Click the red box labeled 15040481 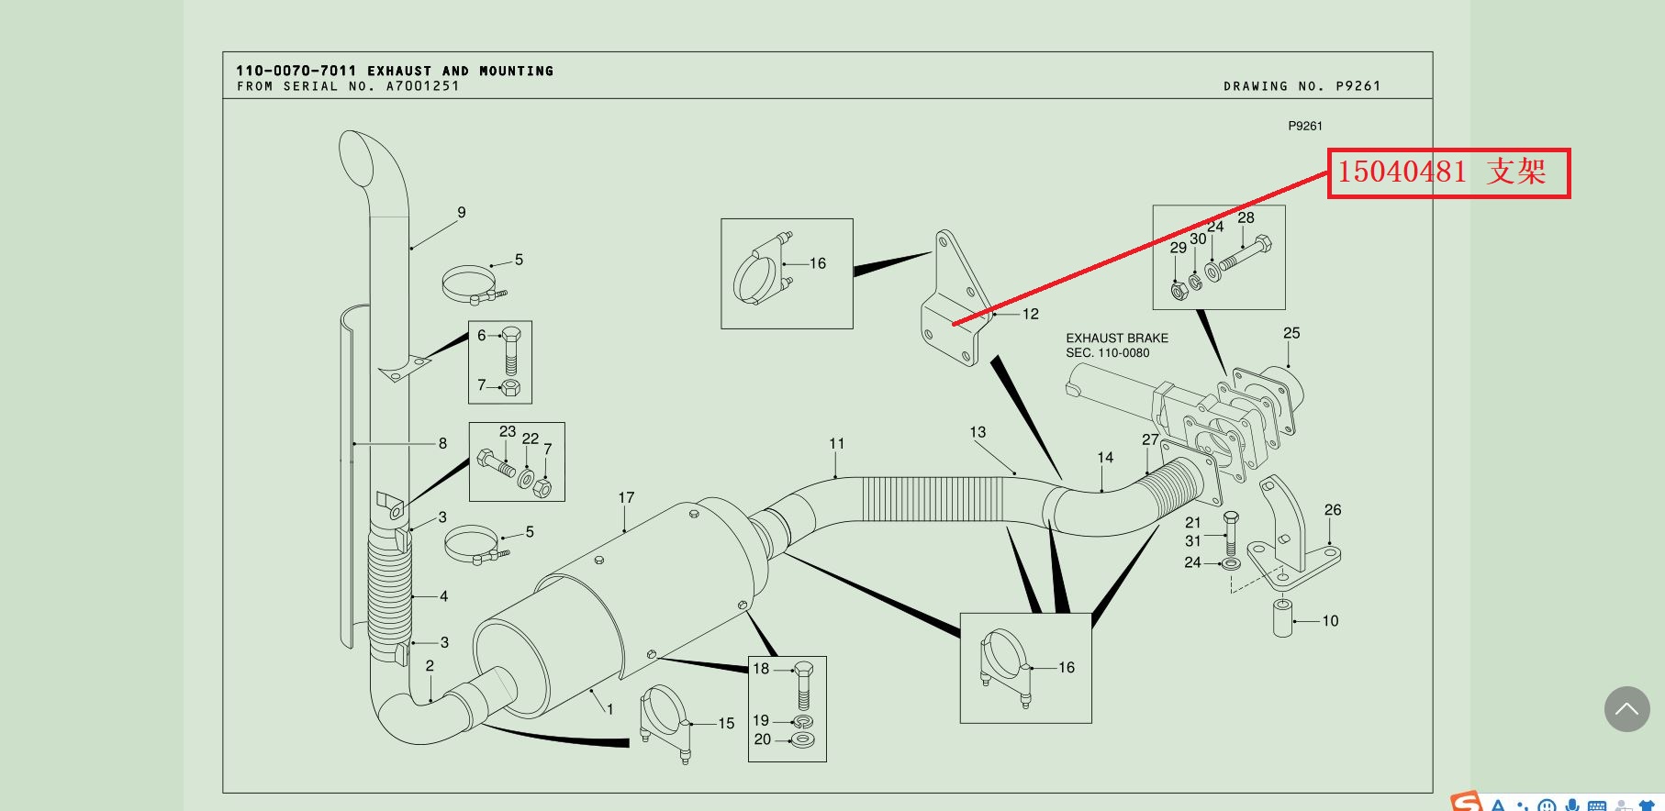coord(1448,172)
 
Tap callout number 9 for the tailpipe coord(462,213)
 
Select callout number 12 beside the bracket coord(1031,315)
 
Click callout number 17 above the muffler coord(626,498)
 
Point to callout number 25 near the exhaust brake coord(1291,334)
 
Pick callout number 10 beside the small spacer coord(1330,621)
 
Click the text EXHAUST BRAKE coord(1117,339)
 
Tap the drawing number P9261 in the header coord(1358,86)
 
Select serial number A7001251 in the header coord(422,86)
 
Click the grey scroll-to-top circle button coord(1626,709)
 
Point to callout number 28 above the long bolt coord(1246,218)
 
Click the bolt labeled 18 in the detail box coord(804,684)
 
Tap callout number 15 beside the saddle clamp coord(726,724)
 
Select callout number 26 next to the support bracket coord(1333,510)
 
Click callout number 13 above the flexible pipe coord(978,432)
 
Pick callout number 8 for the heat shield coord(442,444)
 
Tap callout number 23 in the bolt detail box coord(508,432)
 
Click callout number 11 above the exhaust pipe coord(836,444)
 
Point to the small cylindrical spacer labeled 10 coord(1282,617)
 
